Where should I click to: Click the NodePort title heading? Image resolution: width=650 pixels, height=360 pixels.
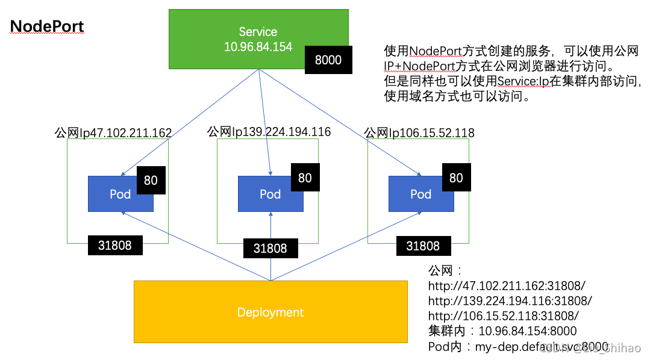click(47, 26)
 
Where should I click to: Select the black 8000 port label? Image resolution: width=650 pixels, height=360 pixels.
click(328, 60)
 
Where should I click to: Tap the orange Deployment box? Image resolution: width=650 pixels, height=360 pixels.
click(270, 312)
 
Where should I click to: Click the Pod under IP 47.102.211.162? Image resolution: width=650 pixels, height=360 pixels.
click(120, 194)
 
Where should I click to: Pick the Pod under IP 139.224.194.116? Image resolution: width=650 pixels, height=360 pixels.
click(270, 194)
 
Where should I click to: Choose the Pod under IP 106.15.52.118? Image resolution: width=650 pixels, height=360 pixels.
click(420, 194)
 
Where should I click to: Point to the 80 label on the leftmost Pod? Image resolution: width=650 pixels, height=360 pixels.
click(151, 180)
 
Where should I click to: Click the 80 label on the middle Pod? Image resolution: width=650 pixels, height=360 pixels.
click(305, 178)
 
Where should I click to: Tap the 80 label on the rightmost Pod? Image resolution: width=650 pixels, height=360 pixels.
click(456, 178)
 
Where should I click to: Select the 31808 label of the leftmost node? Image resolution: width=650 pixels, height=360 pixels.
click(115, 245)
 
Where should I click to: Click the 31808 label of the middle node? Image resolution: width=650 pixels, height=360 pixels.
click(270, 247)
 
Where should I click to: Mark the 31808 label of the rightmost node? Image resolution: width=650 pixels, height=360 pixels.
click(423, 246)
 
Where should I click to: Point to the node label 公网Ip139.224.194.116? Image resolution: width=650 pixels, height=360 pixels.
click(269, 131)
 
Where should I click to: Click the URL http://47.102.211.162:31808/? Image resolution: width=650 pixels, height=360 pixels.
click(507, 285)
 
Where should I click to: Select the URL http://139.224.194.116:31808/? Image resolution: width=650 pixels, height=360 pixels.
click(510, 300)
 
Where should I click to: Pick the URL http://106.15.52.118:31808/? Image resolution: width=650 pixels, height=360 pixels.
click(504, 315)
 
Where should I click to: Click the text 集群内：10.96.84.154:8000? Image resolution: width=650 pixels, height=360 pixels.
click(502, 331)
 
